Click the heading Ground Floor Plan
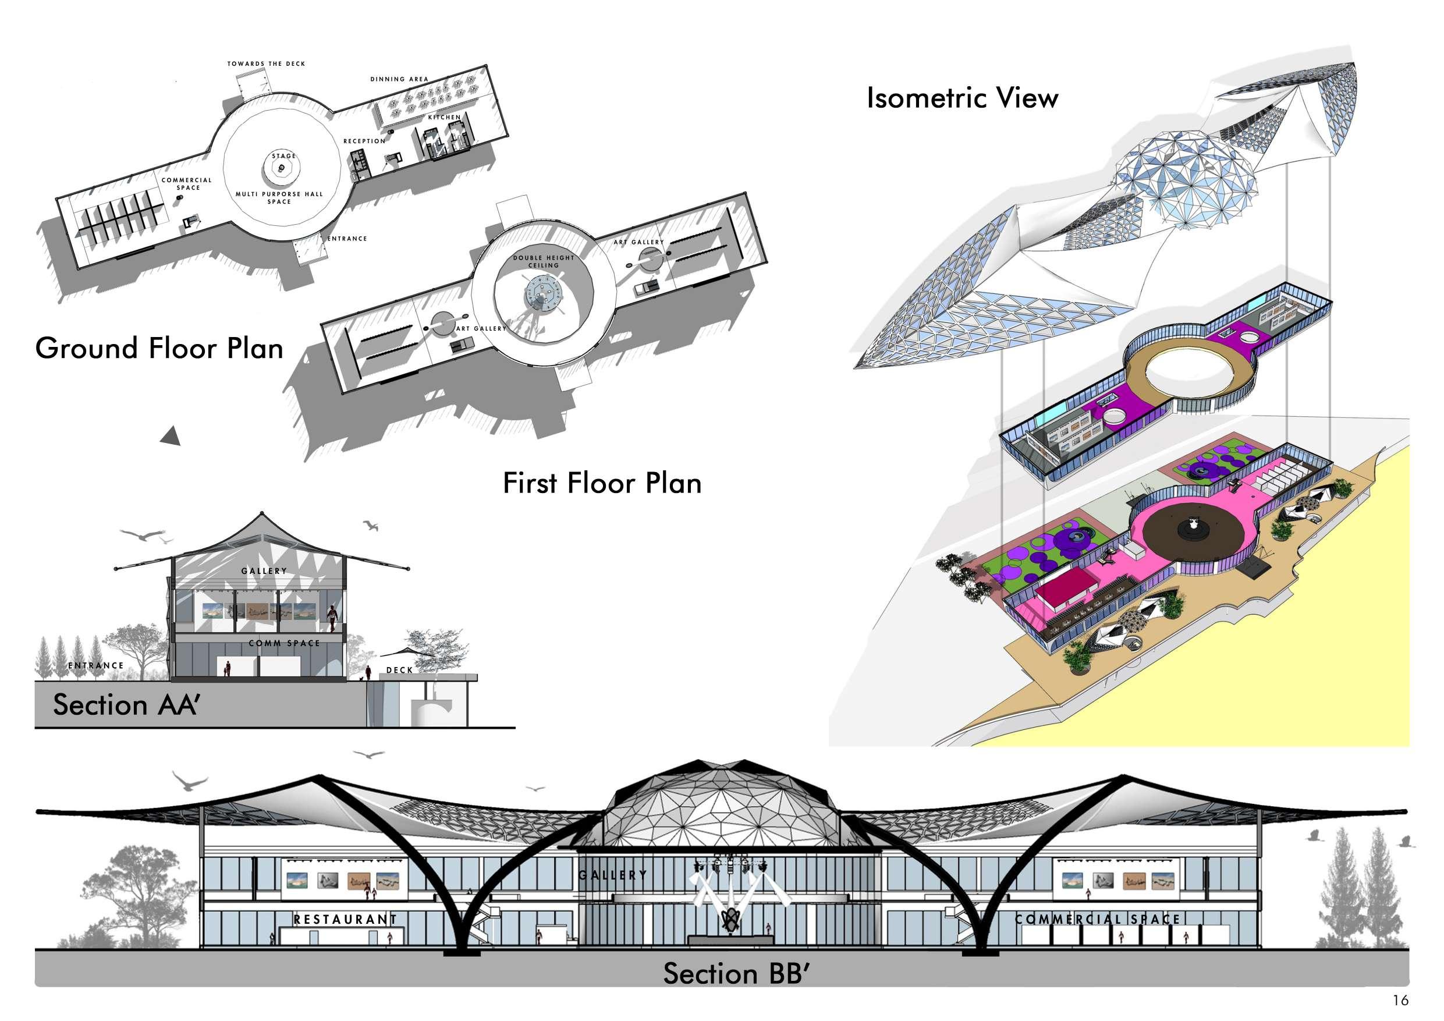(x=159, y=349)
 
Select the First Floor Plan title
(x=602, y=483)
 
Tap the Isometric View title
(x=962, y=98)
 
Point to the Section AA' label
(x=126, y=704)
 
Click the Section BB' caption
(x=735, y=973)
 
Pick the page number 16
(x=1400, y=1000)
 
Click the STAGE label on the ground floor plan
(x=283, y=156)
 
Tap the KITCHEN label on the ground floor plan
(x=445, y=118)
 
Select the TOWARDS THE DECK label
(x=266, y=64)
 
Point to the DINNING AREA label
(x=399, y=80)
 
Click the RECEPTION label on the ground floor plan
(x=364, y=141)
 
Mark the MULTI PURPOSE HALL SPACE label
(x=279, y=197)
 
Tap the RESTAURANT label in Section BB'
(x=345, y=919)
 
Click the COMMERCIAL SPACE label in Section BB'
(x=1098, y=919)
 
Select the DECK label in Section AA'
(x=399, y=671)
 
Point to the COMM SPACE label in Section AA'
(x=284, y=644)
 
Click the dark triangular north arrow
(x=171, y=436)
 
